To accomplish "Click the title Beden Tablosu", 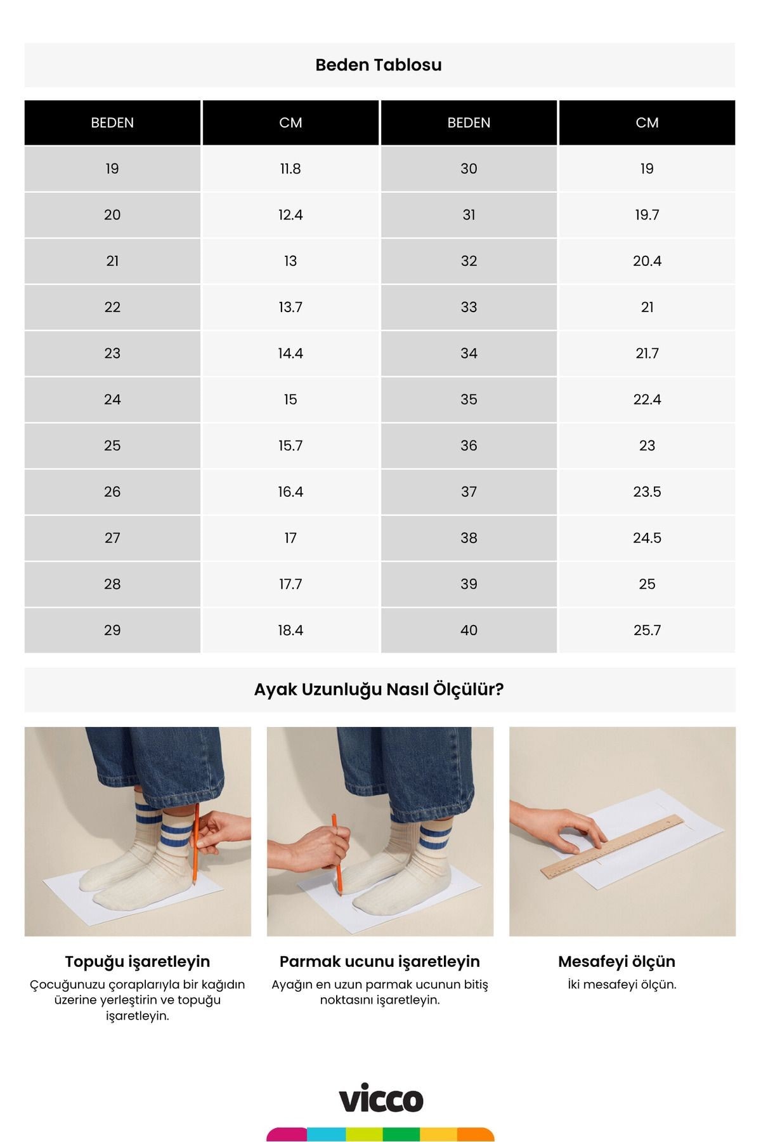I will pyautogui.click(x=379, y=65).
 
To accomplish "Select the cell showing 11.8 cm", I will pyautogui.click(x=290, y=169).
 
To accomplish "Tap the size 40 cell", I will pyautogui.click(x=469, y=630).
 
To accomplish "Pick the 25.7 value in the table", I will pyautogui.click(x=647, y=630).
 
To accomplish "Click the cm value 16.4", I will pyautogui.click(x=290, y=492).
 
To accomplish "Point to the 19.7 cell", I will pyautogui.click(x=647, y=215).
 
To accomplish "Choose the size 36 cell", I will pyautogui.click(x=469, y=445).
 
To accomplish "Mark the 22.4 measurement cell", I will pyautogui.click(x=647, y=400).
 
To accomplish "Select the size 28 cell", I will pyautogui.click(x=112, y=584).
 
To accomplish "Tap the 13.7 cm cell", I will pyautogui.click(x=290, y=307).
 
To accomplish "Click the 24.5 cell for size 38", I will pyautogui.click(x=647, y=538).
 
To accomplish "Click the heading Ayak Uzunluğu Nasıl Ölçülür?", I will pyautogui.click(x=379, y=689).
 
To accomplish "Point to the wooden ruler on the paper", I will pyautogui.click(x=613, y=846).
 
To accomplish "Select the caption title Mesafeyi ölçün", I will pyautogui.click(x=616, y=961).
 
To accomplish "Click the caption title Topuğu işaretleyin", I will pyautogui.click(x=138, y=961).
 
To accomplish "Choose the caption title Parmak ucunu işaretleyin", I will pyautogui.click(x=379, y=961).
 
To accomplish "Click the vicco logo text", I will pyautogui.click(x=380, y=1099).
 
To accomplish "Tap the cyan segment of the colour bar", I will pyautogui.click(x=326, y=1134).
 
